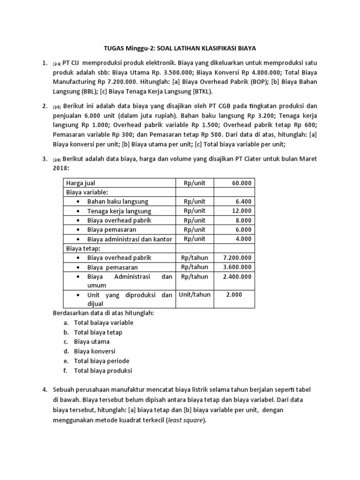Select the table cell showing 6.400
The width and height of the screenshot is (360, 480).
244,202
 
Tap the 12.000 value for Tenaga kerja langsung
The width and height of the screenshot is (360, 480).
241,211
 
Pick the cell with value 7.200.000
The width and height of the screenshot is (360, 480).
237,258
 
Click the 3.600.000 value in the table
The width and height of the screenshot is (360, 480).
237,267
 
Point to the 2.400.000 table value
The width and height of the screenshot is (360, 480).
237,277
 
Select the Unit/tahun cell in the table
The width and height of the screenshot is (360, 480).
195,295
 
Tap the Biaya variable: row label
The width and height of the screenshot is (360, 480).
87,192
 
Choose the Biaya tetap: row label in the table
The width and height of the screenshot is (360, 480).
83,248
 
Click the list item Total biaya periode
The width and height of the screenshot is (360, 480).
101,361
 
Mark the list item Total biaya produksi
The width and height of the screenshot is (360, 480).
103,370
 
